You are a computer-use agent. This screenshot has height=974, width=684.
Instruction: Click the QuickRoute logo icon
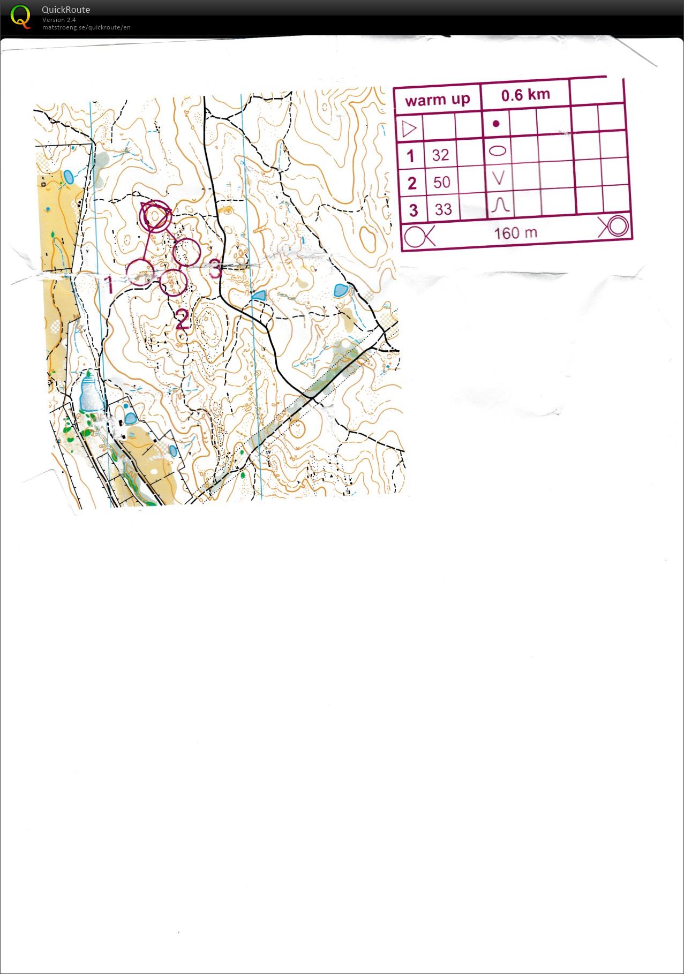[x=20, y=17]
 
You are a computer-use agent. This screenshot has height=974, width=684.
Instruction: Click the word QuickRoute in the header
[x=66, y=10]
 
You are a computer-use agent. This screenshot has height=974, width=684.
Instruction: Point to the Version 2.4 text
[x=59, y=20]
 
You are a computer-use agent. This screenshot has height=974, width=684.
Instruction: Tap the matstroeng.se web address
[x=86, y=27]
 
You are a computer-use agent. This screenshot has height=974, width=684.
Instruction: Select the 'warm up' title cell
[x=437, y=100]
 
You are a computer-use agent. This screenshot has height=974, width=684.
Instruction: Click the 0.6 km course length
[x=525, y=95]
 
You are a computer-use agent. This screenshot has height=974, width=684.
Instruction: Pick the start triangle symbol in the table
[x=409, y=129]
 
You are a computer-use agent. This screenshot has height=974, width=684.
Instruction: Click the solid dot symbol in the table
[x=496, y=124]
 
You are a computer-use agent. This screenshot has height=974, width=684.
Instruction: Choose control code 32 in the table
[x=440, y=155]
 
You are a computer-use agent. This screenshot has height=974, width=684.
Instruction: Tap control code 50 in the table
[x=442, y=183]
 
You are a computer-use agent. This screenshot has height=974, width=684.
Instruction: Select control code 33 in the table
[x=444, y=209]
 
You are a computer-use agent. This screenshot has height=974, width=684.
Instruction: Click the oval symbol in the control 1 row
[x=498, y=150]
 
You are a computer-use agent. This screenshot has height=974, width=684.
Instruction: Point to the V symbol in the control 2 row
[x=499, y=178]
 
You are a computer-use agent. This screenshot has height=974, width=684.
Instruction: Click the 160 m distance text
[x=515, y=233]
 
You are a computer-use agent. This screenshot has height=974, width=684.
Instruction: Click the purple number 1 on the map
[x=109, y=285]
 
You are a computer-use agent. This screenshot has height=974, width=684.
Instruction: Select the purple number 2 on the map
[x=182, y=320]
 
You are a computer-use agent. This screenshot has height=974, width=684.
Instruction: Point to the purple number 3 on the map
[x=215, y=269]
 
